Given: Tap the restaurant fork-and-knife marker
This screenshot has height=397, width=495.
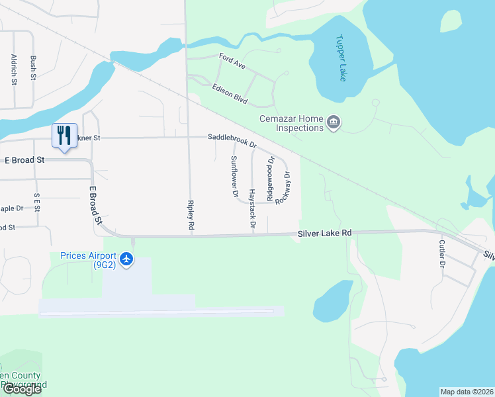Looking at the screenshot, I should pyautogui.click(x=64, y=136).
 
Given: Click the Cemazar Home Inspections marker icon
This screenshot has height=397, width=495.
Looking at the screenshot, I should pyautogui.click(x=334, y=122).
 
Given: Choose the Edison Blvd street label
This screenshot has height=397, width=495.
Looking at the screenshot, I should pyautogui.click(x=230, y=94).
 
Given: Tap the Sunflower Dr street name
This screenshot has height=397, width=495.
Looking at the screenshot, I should pyautogui.click(x=234, y=177).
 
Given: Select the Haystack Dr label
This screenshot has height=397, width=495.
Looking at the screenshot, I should pyautogui.click(x=252, y=208).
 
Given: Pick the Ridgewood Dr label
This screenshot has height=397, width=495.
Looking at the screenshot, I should pyautogui.click(x=269, y=179).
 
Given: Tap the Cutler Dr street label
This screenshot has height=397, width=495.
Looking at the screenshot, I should pyautogui.click(x=441, y=254).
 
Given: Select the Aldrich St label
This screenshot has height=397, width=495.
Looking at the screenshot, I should pyautogui.click(x=13, y=70).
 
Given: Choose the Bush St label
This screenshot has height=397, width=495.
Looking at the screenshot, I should pyautogui.click(x=33, y=68).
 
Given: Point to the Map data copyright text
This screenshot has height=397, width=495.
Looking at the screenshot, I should pyautogui.click(x=467, y=392).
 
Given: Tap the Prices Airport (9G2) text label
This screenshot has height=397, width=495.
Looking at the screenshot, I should pyautogui.click(x=88, y=261).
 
